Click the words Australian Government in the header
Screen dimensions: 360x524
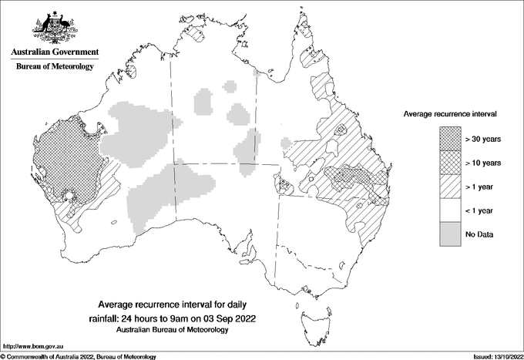[x=54, y=52]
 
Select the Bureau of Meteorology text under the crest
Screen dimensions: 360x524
[x=55, y=67]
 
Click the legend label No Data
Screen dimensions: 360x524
[x=480, y=234]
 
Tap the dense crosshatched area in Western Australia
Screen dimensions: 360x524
[x=65, y=158]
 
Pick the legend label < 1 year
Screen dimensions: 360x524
[x=481, y=210]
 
